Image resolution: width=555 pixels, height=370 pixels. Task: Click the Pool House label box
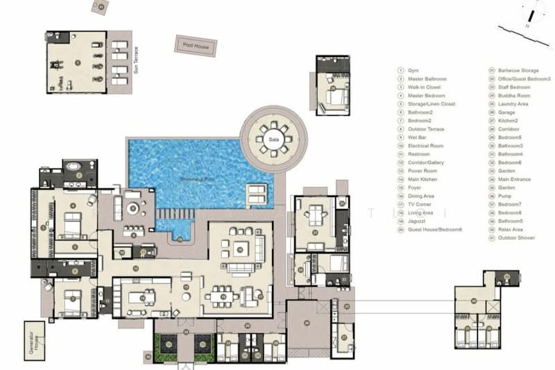(196, 46)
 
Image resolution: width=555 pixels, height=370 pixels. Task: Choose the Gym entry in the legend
(413, 70)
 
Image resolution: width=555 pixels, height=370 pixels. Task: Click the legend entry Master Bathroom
(422, 78)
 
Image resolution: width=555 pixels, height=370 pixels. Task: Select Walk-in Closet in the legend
(420, 87)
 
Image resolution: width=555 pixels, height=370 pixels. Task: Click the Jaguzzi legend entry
(416, 221)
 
